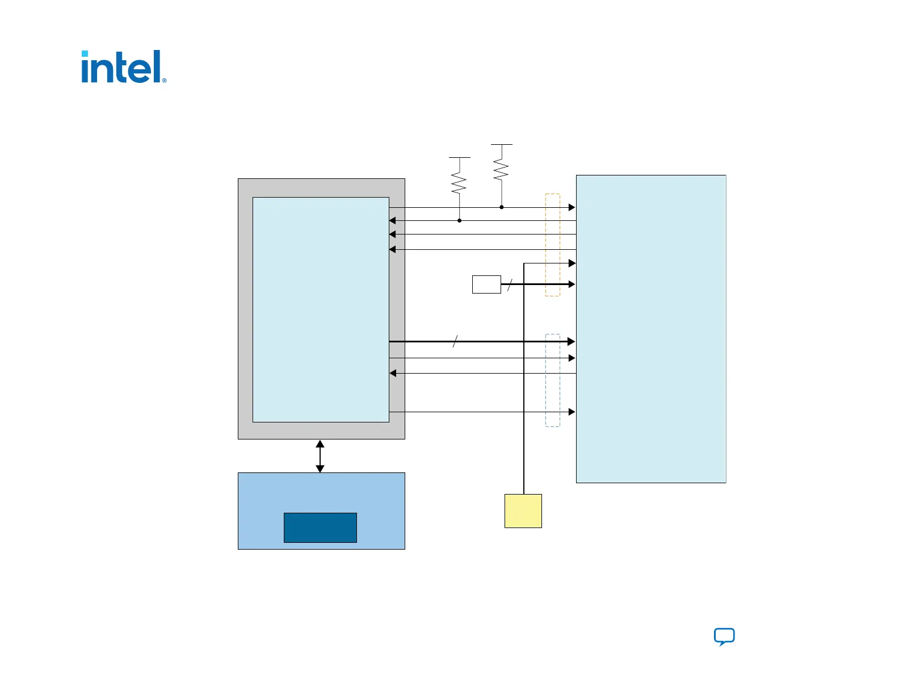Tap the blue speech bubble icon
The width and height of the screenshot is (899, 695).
(724, 637)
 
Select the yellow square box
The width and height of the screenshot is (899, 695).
(523, 510)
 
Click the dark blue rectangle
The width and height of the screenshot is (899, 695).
(320, 527)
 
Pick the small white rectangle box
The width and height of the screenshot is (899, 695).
(486, 284)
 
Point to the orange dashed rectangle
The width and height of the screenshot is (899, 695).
(552, 245)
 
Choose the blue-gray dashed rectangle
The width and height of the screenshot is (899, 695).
(552, 380)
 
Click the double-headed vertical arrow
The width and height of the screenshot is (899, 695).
(320, 456)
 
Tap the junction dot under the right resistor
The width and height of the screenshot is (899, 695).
(502, 207)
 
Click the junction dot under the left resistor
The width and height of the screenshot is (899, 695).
(460, 220)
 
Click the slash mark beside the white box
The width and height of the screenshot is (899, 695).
(510, 285)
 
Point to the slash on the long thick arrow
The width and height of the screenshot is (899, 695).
(455, 341)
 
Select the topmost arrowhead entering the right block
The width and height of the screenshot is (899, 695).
(572, 207)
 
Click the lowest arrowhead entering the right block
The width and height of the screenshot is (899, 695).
(572, 412)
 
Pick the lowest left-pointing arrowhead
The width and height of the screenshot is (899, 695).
(393, 373)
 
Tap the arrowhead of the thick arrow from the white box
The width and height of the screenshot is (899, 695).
(572, 284)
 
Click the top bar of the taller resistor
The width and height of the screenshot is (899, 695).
(501, 145)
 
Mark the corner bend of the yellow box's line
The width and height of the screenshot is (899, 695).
(524, 263)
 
